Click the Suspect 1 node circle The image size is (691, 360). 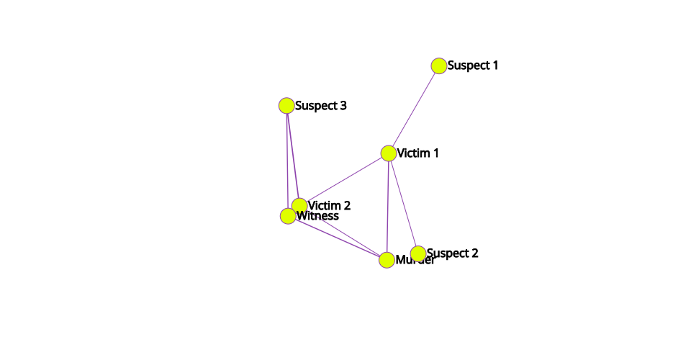coord(439,66)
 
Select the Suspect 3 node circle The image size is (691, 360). coord(286,106)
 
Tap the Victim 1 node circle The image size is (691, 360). coord(389,153)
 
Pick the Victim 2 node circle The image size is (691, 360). coord(299,205)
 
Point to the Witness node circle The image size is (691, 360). coord(288,215)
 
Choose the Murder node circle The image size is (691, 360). coord(387,260)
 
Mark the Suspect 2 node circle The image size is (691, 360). coord(418,253)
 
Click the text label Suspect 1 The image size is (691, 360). coord(473,66)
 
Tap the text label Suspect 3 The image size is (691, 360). coord(321,106)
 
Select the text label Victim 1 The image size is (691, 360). coord(418,153)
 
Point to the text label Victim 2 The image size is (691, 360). coord(330,205)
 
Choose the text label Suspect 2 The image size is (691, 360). coord(453,253)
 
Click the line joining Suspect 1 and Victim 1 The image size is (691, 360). coord(414,109)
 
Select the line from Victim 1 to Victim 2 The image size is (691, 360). coord(344,179)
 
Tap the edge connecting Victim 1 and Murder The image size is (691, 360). coord(388,207)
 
